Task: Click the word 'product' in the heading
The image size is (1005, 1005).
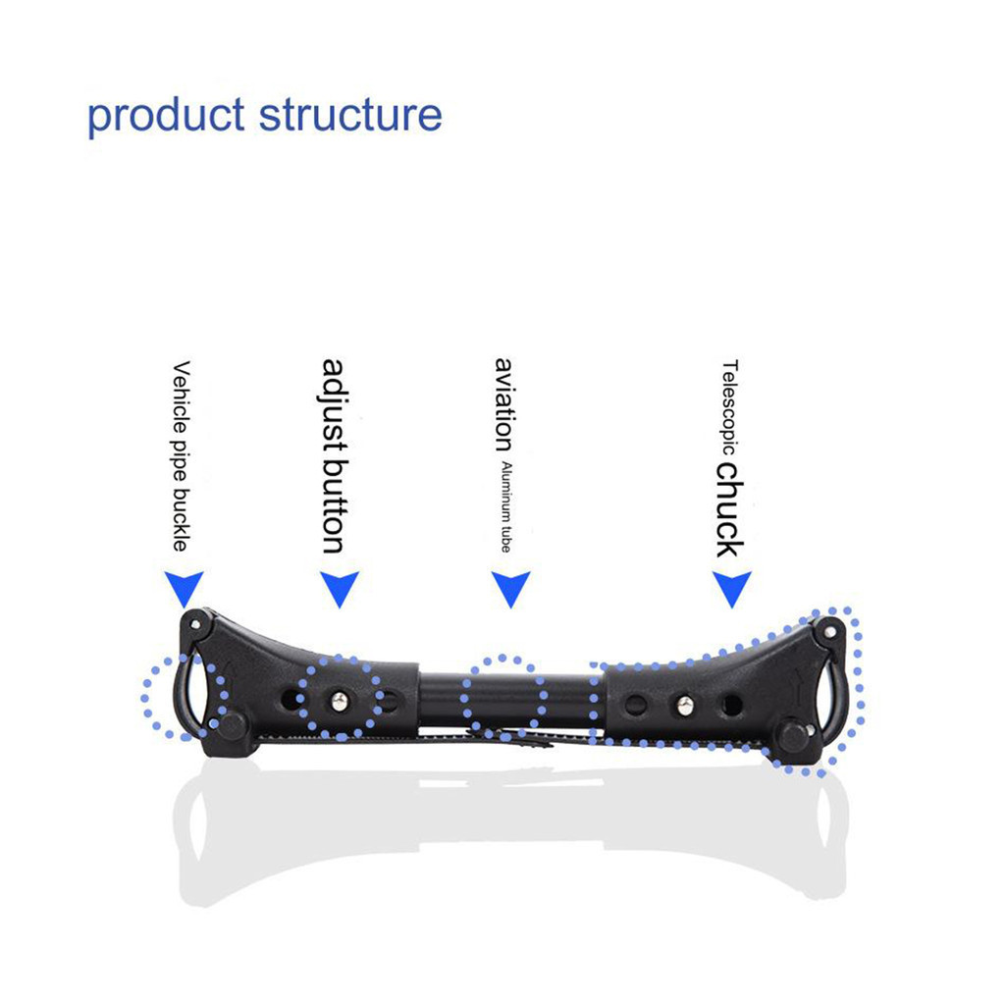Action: (165, 117)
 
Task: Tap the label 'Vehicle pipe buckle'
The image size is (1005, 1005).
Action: (182, 455)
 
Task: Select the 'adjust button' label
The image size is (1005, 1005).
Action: (333, 455)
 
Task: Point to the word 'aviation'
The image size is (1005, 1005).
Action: (504, 404)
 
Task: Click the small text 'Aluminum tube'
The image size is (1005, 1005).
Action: (506, 506)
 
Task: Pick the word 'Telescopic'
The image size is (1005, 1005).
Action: (729, 407)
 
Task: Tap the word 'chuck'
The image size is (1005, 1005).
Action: (730, 510)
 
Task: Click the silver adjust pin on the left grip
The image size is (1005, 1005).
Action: (340, 702)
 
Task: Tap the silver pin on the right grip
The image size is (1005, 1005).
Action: (685, 706)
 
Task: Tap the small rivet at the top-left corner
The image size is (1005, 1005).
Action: (195, 623)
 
